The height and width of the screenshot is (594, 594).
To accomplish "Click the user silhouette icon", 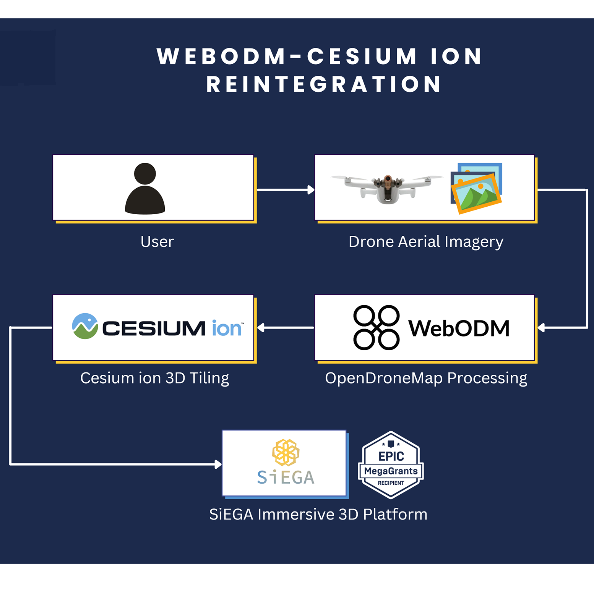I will pos(145,189).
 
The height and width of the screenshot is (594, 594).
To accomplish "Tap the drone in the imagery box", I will pos(387,188).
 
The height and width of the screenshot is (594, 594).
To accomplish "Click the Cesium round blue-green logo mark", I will pos(85,326).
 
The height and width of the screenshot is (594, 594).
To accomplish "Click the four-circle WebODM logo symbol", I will pos(376,327).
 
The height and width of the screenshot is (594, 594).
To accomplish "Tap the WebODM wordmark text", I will pos(459,329).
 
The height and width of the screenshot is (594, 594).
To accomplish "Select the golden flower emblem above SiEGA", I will pos(286,452).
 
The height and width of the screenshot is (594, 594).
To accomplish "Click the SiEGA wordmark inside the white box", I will pos(286,477).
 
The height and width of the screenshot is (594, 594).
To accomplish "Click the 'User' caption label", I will pos(157,242).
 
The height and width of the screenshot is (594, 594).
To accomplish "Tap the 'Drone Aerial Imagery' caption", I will pos(426,242).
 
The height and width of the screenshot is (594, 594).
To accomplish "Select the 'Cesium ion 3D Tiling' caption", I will pos(154,378).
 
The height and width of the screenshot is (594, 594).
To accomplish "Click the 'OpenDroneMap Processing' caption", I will pos(426,378).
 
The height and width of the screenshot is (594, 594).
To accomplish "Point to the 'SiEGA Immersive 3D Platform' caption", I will pos(318,515).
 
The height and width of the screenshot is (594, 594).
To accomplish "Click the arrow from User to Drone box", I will pos(285,189).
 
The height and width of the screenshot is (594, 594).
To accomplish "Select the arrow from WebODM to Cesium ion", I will pos(286,328).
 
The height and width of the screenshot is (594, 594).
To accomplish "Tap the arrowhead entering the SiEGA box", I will pos(218,464).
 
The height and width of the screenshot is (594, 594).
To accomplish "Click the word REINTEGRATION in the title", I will pos(324,84).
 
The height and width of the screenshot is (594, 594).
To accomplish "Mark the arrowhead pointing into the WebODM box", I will pos(541,328).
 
